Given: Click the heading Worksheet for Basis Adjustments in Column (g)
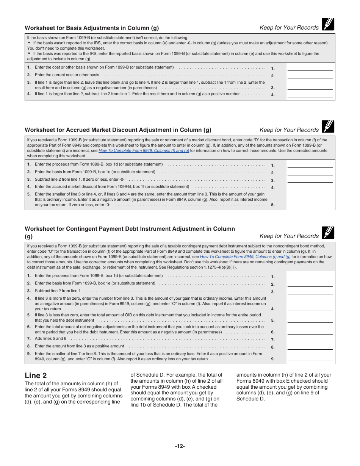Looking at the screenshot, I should point(92,28).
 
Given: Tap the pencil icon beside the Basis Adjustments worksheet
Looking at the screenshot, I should point(328,24).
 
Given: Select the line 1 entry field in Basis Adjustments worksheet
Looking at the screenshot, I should point(310,68).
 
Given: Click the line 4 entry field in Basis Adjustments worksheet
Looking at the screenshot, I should point(310,94).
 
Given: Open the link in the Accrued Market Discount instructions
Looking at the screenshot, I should point(144,150).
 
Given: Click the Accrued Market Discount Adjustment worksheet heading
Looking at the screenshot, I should point(118,130).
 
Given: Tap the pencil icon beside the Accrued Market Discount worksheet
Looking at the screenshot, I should point(328,127).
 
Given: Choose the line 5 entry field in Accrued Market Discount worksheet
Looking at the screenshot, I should point(310,205).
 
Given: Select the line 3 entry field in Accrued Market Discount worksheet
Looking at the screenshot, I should point(310,180).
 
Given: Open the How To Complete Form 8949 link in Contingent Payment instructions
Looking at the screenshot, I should point(245,256).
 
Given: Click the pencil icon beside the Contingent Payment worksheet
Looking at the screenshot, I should point(328,233).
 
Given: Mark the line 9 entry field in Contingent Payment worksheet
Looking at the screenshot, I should point(310,358).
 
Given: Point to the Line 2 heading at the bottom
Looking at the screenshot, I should point(36,375).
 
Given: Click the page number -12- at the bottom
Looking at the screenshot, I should point(180,446).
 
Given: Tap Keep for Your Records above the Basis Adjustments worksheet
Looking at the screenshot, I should point(289,28).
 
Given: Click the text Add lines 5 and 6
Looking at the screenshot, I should point(50,339).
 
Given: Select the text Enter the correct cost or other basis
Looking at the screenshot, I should point(67,75).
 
